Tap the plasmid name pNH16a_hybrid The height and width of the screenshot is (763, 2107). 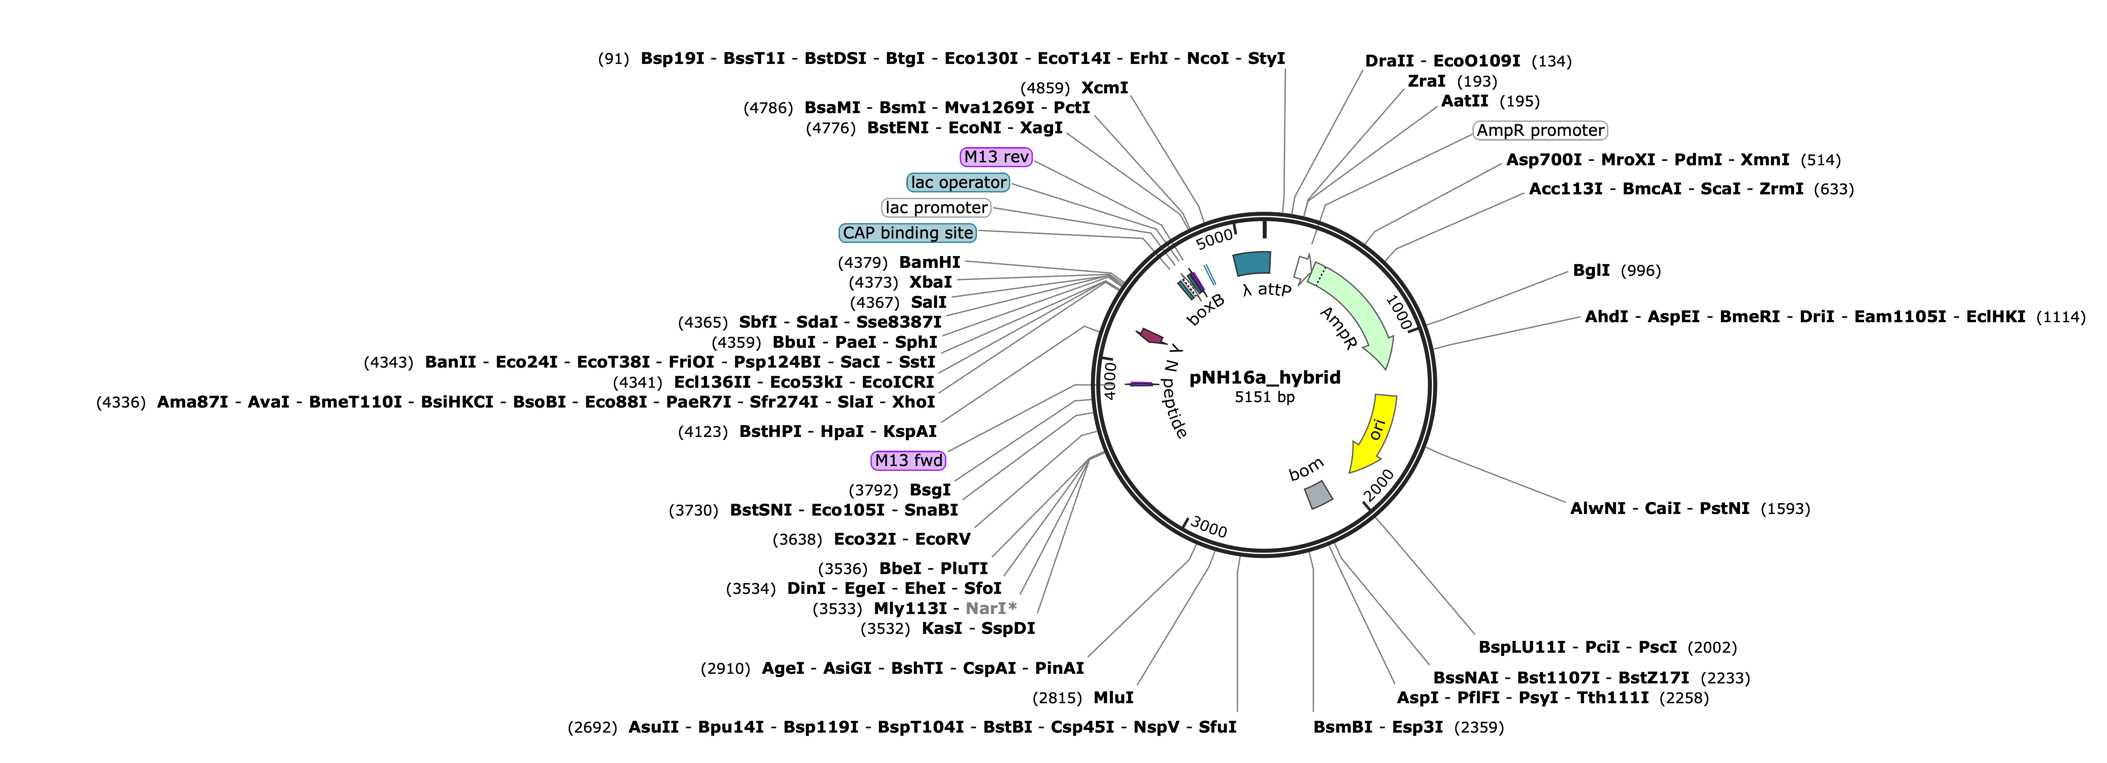1265,377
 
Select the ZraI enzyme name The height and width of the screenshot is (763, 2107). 1426,81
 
